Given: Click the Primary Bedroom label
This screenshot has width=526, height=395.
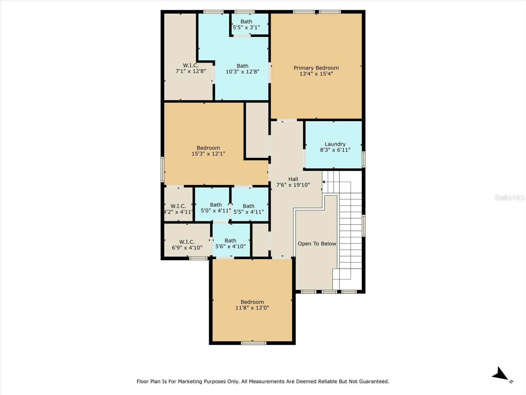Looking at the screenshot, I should coord(316,68).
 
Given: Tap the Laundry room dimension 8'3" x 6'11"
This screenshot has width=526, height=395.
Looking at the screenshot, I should coord(335,150).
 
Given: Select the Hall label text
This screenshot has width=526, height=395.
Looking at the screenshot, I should coord(293,179).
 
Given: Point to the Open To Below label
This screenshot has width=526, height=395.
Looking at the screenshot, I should coord(317,244).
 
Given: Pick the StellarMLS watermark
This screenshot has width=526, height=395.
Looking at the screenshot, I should coord(510,197).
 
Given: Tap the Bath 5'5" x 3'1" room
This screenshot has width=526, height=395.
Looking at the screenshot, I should coord(246,24).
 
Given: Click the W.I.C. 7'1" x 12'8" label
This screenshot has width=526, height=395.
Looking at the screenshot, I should coord(191,68).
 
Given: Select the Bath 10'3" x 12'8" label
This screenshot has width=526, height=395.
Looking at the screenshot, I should coord(242,68).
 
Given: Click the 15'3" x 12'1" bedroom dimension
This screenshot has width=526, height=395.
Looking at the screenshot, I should coord(208,154).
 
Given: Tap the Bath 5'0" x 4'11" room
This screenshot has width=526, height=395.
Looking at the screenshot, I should coord(215,208).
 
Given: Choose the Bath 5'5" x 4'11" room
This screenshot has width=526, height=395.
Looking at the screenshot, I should coord(249,209).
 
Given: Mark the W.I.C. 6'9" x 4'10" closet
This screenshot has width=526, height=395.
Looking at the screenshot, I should coord(187,245).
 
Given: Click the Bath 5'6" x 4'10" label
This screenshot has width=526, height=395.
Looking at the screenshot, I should coord(230,243).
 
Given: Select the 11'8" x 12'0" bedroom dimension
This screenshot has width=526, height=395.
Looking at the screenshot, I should coord(252,308).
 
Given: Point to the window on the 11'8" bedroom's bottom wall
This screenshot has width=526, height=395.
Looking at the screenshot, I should coord(253,343).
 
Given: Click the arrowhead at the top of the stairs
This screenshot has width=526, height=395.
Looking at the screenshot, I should coord(323,182).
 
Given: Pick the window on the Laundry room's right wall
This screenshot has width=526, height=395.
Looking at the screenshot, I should coord(363,159).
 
